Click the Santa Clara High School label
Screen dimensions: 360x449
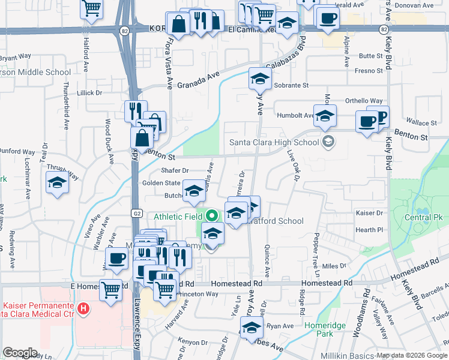(x=274, y=143)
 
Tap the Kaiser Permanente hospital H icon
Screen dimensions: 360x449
(x=83, y=309)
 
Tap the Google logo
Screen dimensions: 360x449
(x=20, y=353)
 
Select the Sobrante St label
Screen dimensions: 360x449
(x=291, y=86)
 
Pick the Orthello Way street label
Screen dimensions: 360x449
(x=363, y=101)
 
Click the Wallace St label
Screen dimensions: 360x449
(x=426, y=123)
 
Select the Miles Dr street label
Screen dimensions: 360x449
(x=334, y=266)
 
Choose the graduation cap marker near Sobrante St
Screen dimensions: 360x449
(x=260, y=79)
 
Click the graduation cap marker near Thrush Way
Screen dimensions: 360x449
(x=57, y=182)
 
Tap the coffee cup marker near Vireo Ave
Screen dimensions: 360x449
(x=116, y=259)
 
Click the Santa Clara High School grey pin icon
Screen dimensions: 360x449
(x=328, y=142)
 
